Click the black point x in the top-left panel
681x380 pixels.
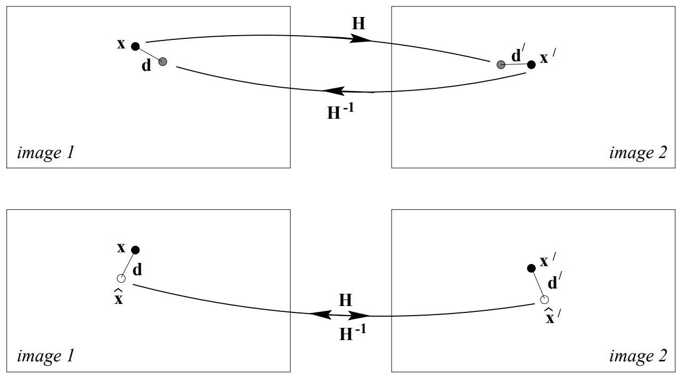coord(135,46)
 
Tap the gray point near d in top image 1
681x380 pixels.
coord(163,62)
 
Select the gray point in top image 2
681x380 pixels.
coord(501,65)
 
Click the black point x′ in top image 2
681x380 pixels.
coord(531,64)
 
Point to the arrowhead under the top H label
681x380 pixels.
coord(361,39)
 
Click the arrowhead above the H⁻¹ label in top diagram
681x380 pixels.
coord(333,92)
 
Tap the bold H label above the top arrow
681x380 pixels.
coord(359,23)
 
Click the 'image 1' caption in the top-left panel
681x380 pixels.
coord(46,153)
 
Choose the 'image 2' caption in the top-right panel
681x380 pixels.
coord(637,153)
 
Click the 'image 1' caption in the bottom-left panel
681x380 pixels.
coord(46,356)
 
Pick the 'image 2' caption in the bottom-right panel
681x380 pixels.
coord(637,356)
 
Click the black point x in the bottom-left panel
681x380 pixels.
coord(135,250)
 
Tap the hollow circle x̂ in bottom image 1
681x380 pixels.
coord(121,278)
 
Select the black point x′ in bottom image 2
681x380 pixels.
coord(531,268)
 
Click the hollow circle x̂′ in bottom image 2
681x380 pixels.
coord(544,300)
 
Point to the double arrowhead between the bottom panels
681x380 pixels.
coord(340,315)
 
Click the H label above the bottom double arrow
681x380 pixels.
coord(346,300)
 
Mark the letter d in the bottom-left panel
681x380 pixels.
coord(137,270)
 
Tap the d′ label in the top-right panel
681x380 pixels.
coord(517,55)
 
